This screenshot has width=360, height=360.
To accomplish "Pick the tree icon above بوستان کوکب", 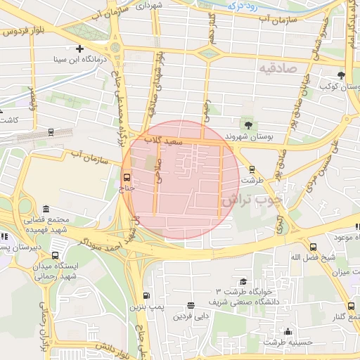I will click(x=341, y=75).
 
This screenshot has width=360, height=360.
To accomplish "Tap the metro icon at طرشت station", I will click(x=252, y=169).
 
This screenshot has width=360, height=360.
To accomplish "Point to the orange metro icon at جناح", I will click(x=127, y=176).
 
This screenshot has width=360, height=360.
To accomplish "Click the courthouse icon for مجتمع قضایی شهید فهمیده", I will click(x=46, y=209).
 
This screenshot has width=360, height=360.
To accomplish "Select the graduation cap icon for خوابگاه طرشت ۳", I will click(x=243, y=281).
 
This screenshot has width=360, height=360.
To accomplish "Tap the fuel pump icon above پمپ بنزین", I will click(x=146, y=296).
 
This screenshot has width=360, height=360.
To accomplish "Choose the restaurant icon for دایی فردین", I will click(x=191, y=305).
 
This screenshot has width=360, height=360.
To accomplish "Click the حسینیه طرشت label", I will click(x=288, y=342).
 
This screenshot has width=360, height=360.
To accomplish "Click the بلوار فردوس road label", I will click(x=15, y=32).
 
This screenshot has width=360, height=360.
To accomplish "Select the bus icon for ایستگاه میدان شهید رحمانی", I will click(x=56, y=245).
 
